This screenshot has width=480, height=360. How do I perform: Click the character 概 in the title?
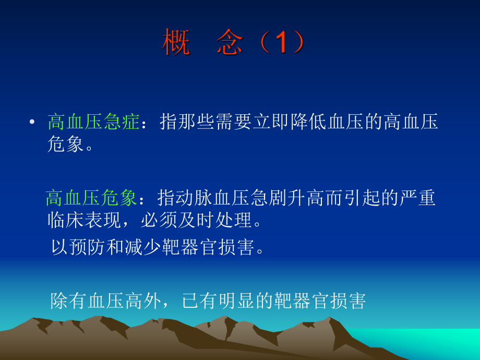click(176, 43)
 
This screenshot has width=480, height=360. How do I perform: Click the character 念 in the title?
click(230, 43)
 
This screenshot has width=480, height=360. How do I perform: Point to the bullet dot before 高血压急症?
click(32, 123)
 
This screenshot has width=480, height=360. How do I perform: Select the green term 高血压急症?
click(93, 123)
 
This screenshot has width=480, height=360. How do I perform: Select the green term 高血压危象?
click(91, 199)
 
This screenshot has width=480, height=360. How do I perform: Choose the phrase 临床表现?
click(84, 221)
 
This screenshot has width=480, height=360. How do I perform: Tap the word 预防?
click(89, 247)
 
